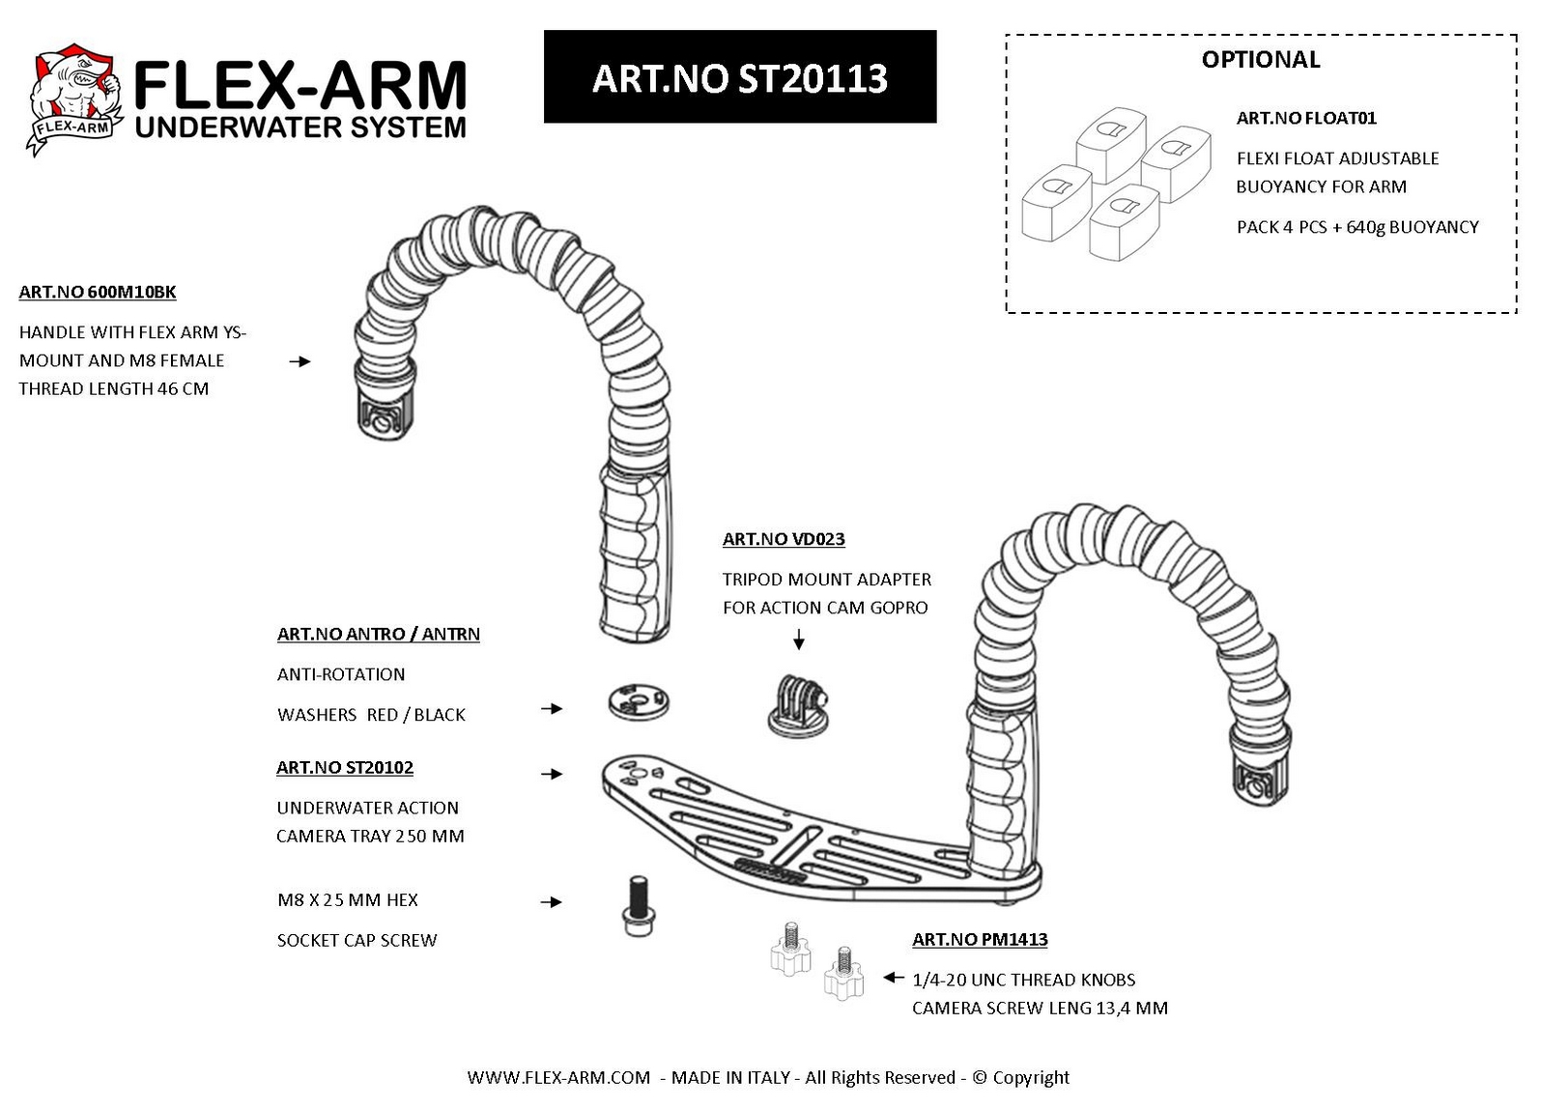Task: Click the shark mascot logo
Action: [74, 100]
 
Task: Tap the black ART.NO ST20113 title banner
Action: [739, 76]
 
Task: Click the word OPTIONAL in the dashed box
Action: [1260, 60]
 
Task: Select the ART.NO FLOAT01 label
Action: [1305, 118]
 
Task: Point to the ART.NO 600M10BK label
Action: [97, 293]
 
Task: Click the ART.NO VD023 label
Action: [784, 539]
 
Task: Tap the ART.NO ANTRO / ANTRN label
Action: [379, 635]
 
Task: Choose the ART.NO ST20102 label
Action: [345, 768]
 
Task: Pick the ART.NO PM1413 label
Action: [980, 940]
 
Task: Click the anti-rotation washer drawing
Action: [639, 701]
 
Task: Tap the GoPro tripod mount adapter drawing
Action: [798, 706]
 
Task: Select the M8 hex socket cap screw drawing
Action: [638, 906]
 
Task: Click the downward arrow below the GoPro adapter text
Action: [799, 640]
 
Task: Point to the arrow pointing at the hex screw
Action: [551, 902]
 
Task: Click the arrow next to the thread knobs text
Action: [894, 978]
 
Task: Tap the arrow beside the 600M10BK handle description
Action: [300, 361]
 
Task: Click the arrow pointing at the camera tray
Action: [552, 774]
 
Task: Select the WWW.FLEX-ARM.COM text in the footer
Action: [558, 1077]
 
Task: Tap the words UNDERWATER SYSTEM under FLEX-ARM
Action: [300, 128]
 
